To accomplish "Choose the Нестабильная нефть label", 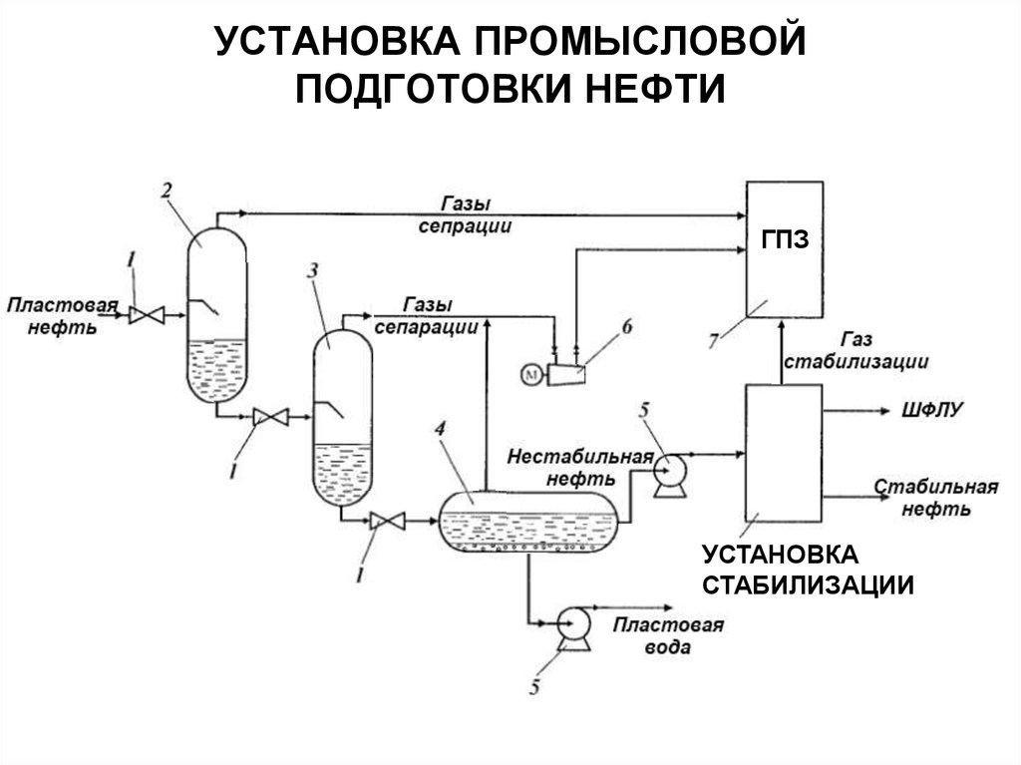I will [x=579, y=466].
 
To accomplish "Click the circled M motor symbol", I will [x=530, y=374].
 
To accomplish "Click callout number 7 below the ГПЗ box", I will [x=714, y=342].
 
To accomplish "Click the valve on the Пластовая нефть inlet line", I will [x=148, y=316].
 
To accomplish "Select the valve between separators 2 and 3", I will [x=270, y=417].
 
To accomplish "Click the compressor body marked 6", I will [x=566, y=374].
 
